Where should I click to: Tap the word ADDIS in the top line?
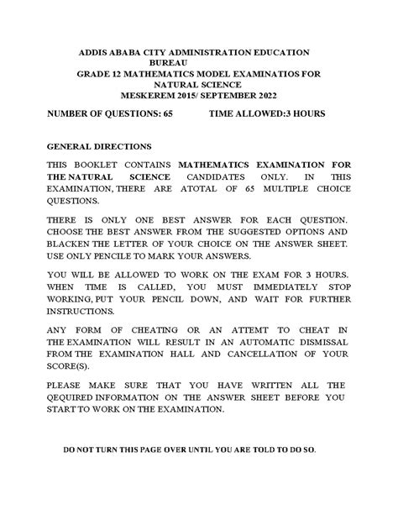coord(98,51)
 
